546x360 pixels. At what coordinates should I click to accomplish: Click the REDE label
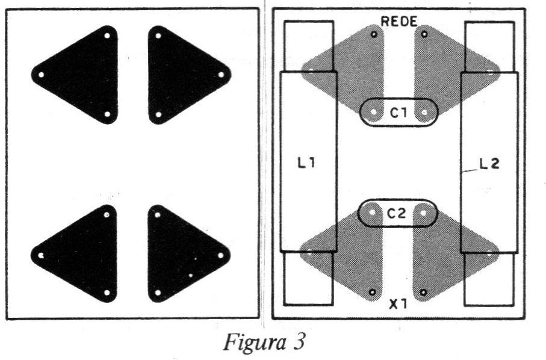pos(399,22)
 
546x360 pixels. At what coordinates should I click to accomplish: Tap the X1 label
pos(398,305)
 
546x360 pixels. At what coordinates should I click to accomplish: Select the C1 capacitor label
pos(399,113)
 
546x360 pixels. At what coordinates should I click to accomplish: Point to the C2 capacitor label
pos(397,214)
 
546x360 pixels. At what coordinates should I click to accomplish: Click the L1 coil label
pos(306,163)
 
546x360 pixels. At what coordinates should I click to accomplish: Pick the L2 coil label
pos(489,164)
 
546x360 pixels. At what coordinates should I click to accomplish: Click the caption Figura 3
pos(264,343)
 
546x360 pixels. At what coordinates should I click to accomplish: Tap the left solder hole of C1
pos(374,112)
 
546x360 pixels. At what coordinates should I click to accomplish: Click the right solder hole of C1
pos(424,112)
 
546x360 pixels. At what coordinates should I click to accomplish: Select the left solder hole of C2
pos(372,212)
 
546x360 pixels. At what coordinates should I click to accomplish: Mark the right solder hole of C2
pos(423,213)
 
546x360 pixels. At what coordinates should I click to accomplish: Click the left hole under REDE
pos(374,34)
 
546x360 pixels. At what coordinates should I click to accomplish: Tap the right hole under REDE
pos(424,34)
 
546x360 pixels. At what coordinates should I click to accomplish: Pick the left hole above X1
pos(372,293)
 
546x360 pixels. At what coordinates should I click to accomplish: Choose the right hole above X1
pos(423,293)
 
